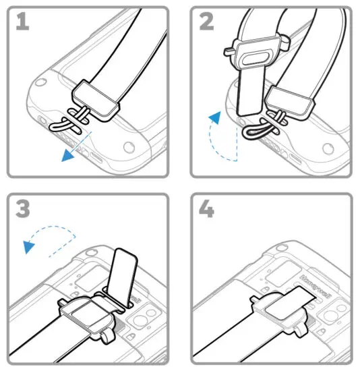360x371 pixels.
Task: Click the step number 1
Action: pyautogui.click(x=23, y=22)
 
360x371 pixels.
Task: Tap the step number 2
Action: pyautogui.click(x=207, y=22)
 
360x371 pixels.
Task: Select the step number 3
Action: pyautogui.click(x=23, y=208)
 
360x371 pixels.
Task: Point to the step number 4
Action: pyautogui.click(x=206, y=208)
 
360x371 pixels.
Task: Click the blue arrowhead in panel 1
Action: pyautogui.click(x=67, y=156)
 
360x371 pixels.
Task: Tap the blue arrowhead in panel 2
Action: pyautogui.click(x=215, y=117)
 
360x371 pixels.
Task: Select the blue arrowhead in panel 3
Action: pyautogui.click(x=29, y=247)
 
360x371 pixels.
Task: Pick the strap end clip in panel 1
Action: pyautogui.click(x=95, y=101)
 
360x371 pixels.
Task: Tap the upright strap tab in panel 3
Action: pyautogui.click(x=122, y=277)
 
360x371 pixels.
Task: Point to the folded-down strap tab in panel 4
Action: pyautogui.click(x=291, y=302)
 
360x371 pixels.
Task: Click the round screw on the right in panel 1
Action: pyautogui.click(x=129, y=147)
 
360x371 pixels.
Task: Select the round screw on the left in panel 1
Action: pyautogui.click(x=40, y=82)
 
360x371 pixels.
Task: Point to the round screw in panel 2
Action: pyautogui.click(x=328, y=148)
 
